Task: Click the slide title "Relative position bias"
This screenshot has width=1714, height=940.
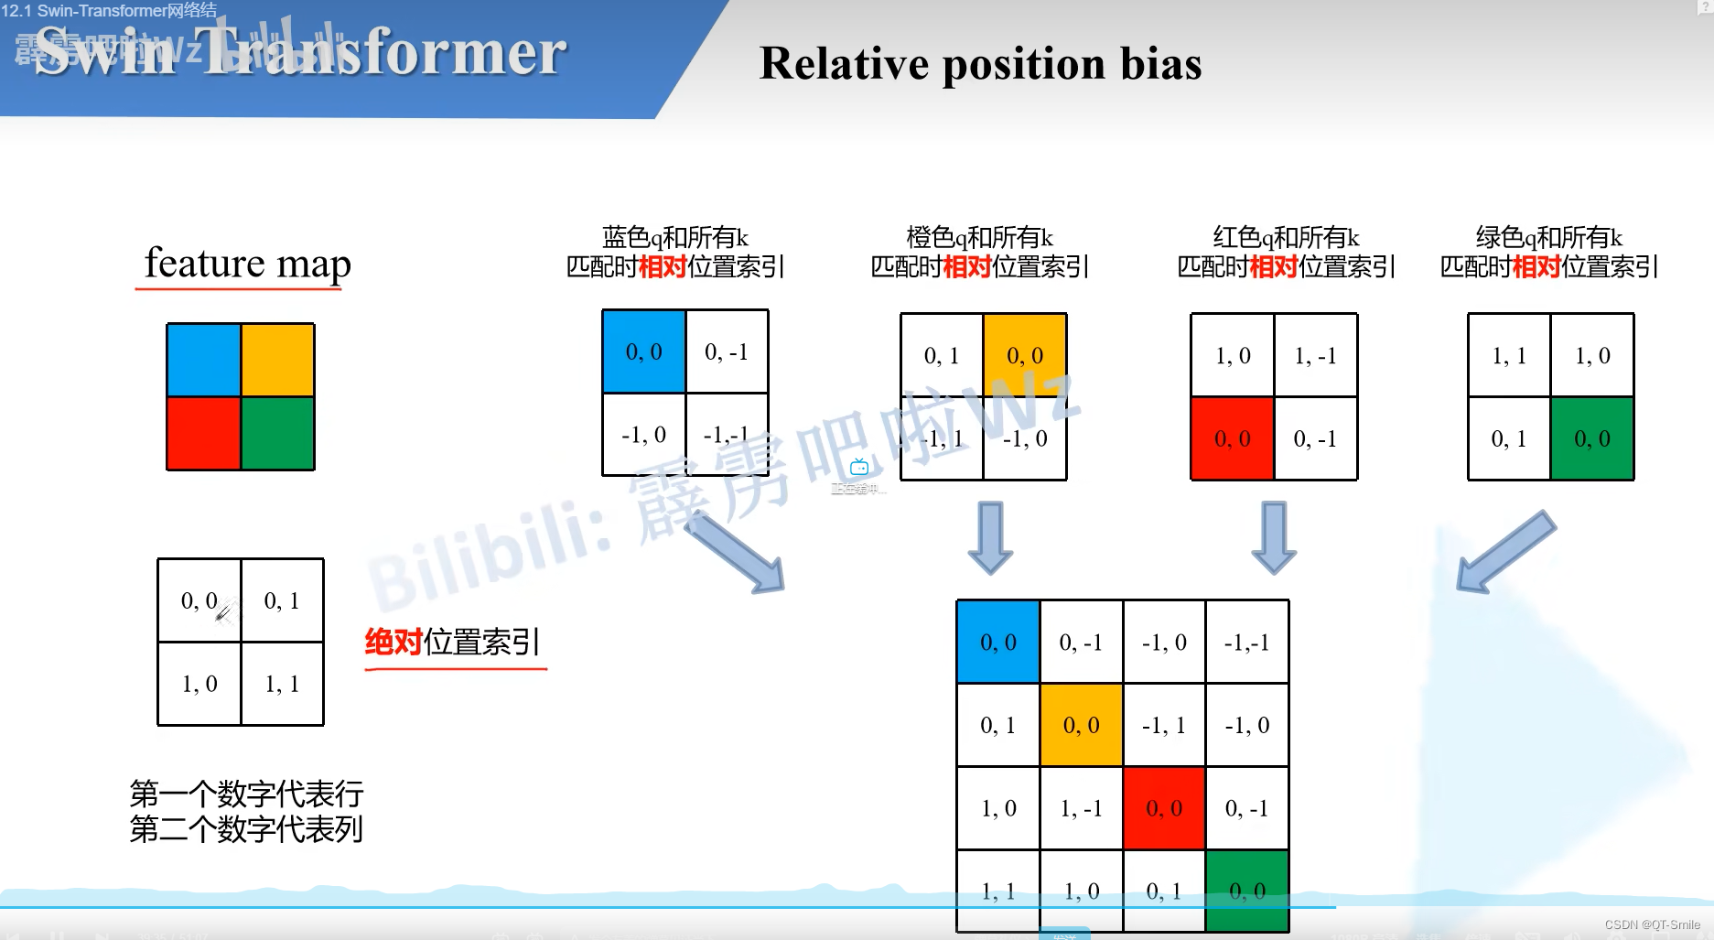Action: (980, 64)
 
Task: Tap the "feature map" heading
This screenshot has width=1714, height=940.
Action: (247, 264)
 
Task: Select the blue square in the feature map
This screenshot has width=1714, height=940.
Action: (203, 360)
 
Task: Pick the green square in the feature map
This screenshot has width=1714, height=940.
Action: (278, 434)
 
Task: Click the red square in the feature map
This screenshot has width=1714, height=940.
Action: (203, 434)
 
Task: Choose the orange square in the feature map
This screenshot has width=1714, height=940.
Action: (278, 360)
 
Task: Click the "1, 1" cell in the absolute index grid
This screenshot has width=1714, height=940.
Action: (282, 684)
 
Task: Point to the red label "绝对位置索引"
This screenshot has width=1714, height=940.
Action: (453, 642)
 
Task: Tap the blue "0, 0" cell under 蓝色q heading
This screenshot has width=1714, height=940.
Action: (644, 352)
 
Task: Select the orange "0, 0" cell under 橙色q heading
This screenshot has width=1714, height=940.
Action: (1025, 355)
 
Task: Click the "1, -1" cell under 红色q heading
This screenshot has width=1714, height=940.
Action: (1315, 356)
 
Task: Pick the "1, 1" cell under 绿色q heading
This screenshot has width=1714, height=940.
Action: (1509, 356)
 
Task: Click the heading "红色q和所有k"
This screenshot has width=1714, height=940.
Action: (1286, 238)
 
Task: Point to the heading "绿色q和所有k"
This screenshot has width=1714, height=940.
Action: (1548, 238)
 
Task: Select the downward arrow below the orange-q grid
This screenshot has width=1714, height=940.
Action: (990, 536)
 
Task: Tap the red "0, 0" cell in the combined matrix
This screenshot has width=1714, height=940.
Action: (1164, 808)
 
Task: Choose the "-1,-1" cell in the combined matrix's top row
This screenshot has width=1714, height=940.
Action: (1247, 643)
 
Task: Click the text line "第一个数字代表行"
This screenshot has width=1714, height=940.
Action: (246, 793)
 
